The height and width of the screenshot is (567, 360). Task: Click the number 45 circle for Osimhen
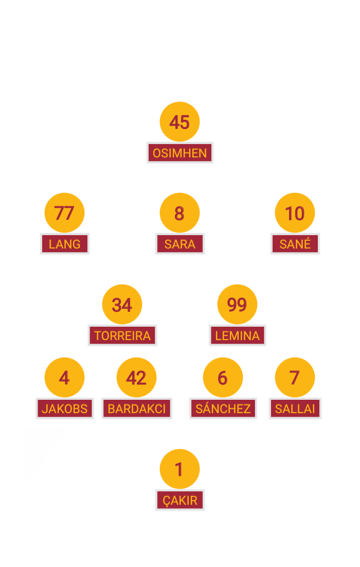pyautogui.click(x=179, y=122)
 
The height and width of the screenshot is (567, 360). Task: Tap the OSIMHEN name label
pyautogui.click(x=179, y=153)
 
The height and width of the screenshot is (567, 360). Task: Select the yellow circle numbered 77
pyautogui.click(x=64, y=213)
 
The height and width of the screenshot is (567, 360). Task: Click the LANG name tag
pyautogui.click(x=64, y=244)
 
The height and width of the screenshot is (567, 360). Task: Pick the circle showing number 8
pyautogui.click(x=179, y=213)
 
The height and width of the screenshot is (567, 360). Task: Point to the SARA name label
pyautogui.click(x=179, y=244)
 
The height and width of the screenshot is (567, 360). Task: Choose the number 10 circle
pyautogui.click(x=295, y=213)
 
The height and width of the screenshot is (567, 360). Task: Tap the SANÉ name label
pyautogui.click(x=295, y=244)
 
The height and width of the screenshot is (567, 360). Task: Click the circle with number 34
pyautogui.click(x=122, y=305)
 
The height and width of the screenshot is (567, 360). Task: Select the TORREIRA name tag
pyautogui.click(x=122, y=336)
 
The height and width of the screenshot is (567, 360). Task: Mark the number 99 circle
pyautogui.click(x=237, y=305)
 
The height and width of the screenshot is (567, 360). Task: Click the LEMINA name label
pyautogui.click(x=238, y=336)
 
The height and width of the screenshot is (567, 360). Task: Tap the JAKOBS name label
pyautogui.click(x=65, y=409)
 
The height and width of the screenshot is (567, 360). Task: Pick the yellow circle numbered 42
pyautogui.click(x=136, y=378)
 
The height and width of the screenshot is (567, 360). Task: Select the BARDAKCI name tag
pyautogui.click(x=136, y=409)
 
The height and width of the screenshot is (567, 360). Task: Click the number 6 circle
pyautogui.click(x=223, y=378)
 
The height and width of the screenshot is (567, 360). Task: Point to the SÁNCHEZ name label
pyautogui.click(x=223, y=409)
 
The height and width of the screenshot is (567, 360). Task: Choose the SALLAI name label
pyautogui.click(x=295, y=409)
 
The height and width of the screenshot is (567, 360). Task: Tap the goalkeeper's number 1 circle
pyautogui.click(x=179, y=469)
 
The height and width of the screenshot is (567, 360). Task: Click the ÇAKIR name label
pyautogui.click(x=179, y=500)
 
